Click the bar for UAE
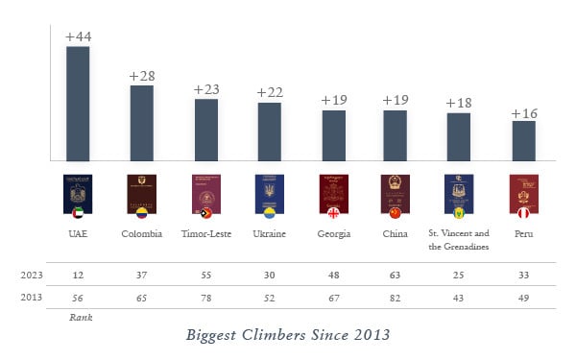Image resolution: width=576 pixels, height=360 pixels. (x=78, y=104)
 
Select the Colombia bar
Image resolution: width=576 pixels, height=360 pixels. (x=142, y=123)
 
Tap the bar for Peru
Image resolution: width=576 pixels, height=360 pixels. (x=523, y=140)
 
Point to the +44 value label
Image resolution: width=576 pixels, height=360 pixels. (x=78, y=36)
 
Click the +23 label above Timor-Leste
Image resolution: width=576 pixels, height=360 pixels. (x=206, y=89)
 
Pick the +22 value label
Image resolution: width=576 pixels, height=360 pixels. (x=270, y=93)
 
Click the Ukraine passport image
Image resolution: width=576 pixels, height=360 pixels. (x=269, y=192)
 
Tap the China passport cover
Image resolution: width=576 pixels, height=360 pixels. (x=396, y=192)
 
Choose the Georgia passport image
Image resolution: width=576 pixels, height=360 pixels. (x=332, y=192)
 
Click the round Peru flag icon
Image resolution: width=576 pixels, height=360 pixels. (x=523, y=212)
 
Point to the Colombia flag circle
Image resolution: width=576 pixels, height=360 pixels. (x=142, y=212)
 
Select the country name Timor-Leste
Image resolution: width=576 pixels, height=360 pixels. (x=206, y=233)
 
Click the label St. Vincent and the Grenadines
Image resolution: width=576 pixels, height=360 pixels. (x=459, y=239)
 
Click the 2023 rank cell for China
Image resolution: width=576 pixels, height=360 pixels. (x=396, y=275)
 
